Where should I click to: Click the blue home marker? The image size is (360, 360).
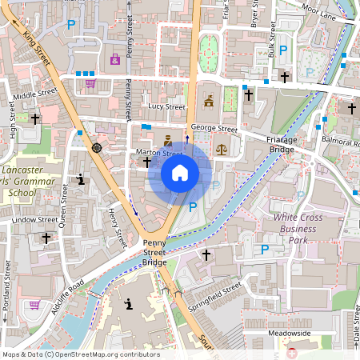180,172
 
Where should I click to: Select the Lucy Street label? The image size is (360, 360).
166,106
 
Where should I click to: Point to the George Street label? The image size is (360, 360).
214,128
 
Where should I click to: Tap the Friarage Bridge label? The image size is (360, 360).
281,144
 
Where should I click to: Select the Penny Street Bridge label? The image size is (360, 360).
154,253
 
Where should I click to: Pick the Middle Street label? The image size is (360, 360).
35,93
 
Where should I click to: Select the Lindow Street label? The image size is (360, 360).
35,219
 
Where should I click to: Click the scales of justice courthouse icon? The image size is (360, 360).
222,147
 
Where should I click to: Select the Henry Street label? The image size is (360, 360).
118,226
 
